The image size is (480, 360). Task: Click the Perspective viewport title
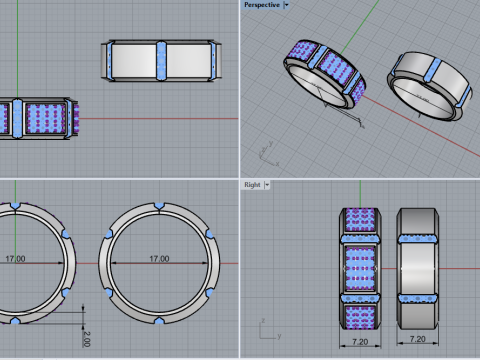262,5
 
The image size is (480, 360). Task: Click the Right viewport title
252,185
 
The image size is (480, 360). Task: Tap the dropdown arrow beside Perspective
286,5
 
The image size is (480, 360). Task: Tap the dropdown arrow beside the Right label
267,185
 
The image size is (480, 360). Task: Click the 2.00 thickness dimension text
86,339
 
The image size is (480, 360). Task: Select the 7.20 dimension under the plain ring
418,339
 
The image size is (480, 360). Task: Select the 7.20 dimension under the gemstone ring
360,342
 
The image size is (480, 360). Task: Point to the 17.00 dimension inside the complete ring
159,259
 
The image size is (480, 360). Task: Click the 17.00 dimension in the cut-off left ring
15,259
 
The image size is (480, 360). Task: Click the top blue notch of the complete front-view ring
159,206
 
